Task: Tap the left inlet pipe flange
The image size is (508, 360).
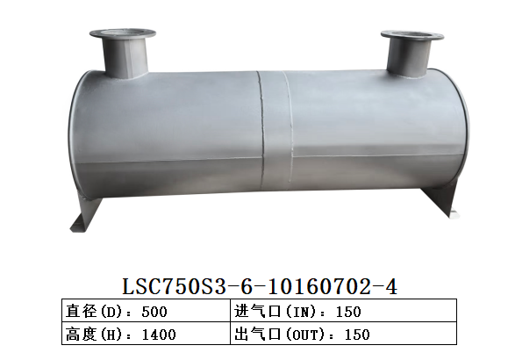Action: (123, 36)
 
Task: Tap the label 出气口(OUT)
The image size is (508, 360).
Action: (286, 334)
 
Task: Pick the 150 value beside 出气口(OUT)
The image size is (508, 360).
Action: (357, 334)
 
